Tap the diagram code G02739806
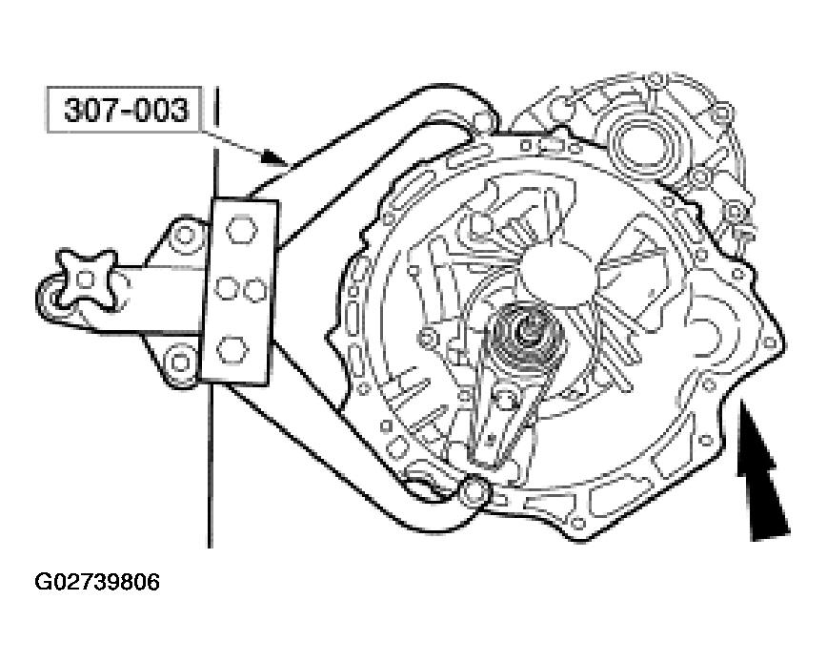[x=97, y=581]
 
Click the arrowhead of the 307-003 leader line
[x=276, y=155]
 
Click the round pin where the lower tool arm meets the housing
[x=470, y=492]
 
